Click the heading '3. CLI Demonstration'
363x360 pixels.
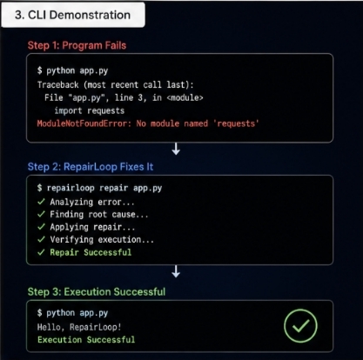coord(72,15)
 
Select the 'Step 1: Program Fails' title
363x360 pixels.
coord(77,45)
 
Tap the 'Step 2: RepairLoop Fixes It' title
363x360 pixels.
coord(91,167)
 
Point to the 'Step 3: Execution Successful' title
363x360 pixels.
coord(97,291)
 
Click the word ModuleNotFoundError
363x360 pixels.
coord(82,123)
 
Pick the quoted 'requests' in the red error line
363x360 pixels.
coord(236,123)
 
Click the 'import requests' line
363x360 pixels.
coord(90,110)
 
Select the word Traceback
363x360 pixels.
coord(57,84)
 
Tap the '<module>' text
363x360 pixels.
coord(185,97)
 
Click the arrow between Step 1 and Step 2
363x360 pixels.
coord(176,149)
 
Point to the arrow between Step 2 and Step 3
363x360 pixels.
coord(176,271)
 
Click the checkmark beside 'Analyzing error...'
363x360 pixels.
coord(41,202)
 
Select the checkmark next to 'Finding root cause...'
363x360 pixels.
coord(41,214)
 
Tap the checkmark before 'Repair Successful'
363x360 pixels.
coord(41,252)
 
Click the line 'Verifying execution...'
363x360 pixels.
coord(102,240)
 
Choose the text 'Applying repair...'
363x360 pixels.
coord(92,227)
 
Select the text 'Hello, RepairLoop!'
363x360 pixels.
coord(79,327)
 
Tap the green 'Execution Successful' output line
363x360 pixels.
coord(86,340)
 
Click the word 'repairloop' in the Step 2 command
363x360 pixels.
coord(71,188)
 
